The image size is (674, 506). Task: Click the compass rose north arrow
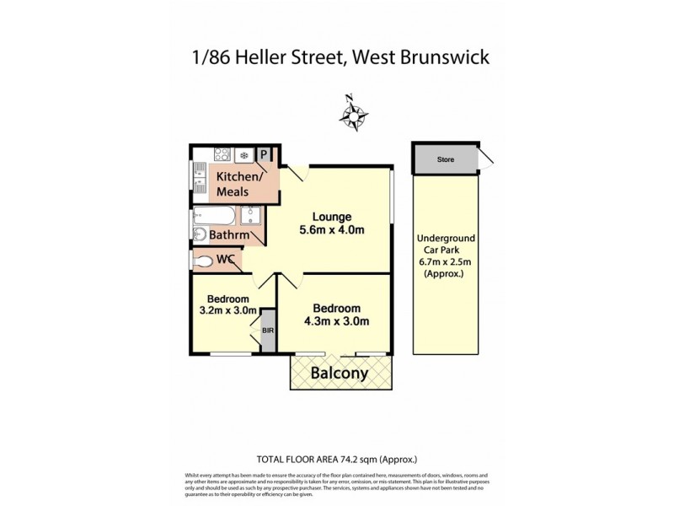(x=356, y=111)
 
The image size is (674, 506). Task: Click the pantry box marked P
(x=264, y=154)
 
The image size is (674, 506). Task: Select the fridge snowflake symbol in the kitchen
(x=244, y=155)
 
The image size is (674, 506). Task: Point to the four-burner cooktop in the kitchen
(x=222, y=155)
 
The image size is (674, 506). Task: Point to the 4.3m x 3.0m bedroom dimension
(x=336, y=320)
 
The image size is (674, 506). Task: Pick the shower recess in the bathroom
(x=252, y=216)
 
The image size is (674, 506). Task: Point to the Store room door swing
(x=487, y=159)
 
